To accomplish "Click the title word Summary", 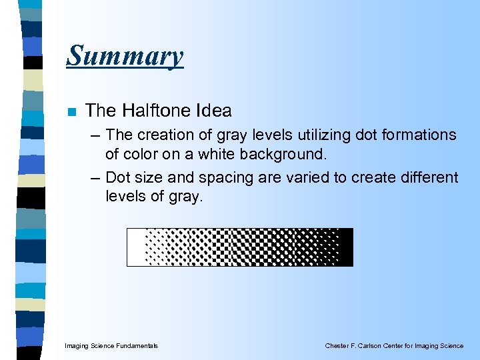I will pyautogui.click(x=125, y=55).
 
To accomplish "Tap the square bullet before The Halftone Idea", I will pyautogui.click(x=71, y=111).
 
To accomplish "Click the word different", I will pyautogui.click(x=425, y=177).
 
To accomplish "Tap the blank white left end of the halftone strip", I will pyautogui.click(x=135, y=247).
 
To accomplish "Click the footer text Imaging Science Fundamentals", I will pyautogui.click(x=111, y=346).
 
